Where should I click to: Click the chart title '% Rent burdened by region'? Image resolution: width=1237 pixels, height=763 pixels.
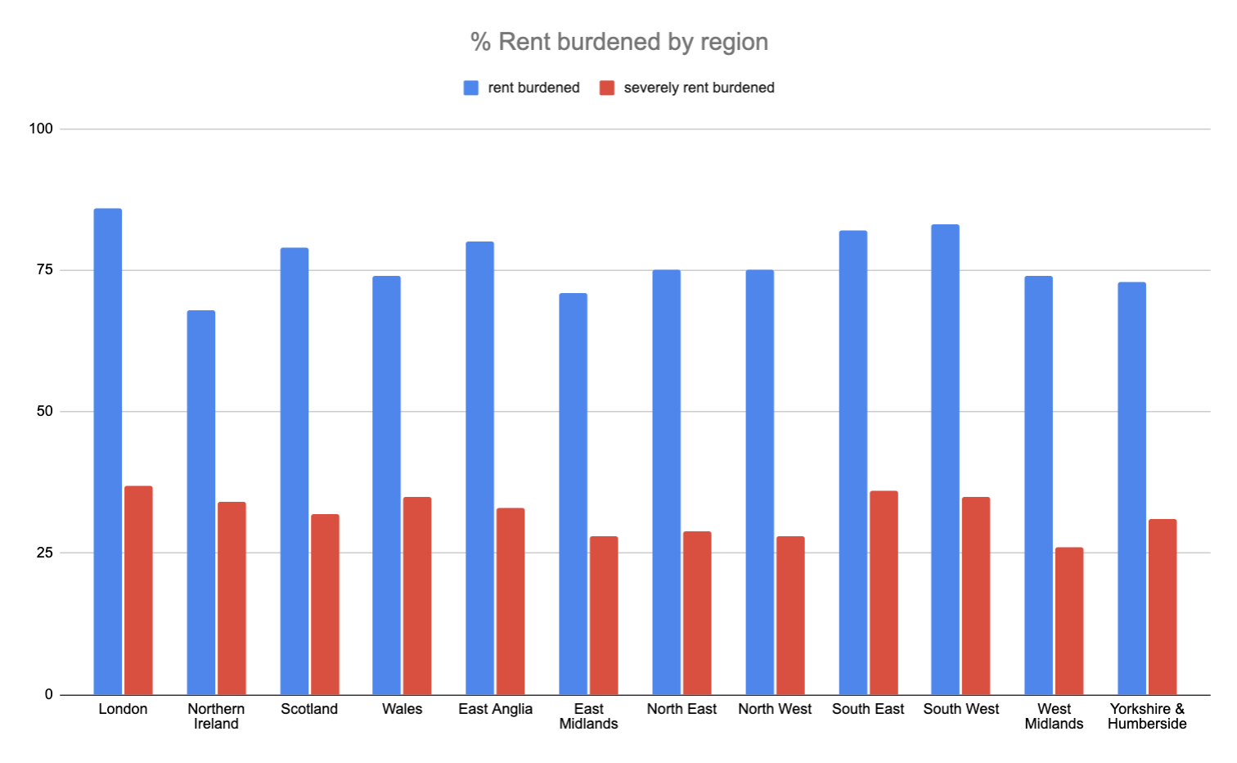point(619,42)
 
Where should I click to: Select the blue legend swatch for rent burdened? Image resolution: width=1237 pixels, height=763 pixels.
point(470,88)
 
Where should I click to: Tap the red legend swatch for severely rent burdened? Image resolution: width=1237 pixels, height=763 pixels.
point(606,88)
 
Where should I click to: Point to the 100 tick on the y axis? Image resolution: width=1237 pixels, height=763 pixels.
point(41,129)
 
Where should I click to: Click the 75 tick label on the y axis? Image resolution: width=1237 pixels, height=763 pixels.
point(44,269)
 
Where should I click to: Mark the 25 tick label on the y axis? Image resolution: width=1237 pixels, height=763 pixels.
point(44,553)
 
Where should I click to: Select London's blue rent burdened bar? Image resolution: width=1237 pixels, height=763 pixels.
point(107,450)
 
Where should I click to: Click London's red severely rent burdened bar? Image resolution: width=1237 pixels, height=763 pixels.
point(138,589)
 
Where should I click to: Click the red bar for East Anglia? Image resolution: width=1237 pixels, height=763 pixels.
point(511,601)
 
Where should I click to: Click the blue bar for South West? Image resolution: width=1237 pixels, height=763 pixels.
point(945,458)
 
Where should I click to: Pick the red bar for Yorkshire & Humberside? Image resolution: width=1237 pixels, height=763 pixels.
point(1162,606)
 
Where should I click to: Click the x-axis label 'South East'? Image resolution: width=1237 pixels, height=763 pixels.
point(868,709)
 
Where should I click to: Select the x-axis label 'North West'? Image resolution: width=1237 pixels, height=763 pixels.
point(775,709)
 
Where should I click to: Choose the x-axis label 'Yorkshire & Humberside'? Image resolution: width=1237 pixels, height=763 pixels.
point(1147,716)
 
